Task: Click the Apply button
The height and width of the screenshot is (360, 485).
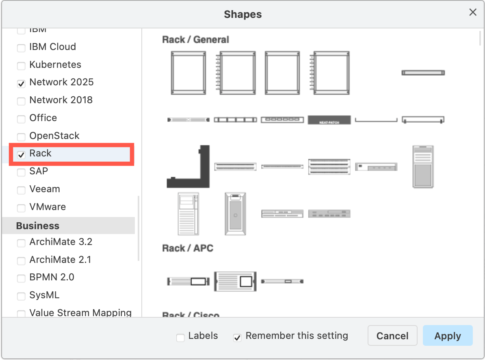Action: (448, 336)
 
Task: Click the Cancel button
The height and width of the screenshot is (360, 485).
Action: (392, 336)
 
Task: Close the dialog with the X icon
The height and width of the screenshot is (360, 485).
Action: (473, 13)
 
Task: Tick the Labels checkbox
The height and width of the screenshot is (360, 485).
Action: (180, 337)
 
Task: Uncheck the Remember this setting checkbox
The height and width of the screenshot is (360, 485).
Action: (238, 337)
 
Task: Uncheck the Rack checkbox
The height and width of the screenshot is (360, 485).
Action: (21, 154)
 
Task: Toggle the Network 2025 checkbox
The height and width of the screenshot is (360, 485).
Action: (21, 84)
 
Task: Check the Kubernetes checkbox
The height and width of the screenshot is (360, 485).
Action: (21, 66)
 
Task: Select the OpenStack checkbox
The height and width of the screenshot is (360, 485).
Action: (21, 137)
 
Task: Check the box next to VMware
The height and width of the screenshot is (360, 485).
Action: (21, 208)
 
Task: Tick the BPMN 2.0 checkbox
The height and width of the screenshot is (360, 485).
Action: (21, 279)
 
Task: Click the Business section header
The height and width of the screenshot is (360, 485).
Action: (38, 226)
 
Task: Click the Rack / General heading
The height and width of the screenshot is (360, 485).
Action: (195, 39)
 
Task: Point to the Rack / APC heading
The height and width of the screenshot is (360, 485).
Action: (188, 248)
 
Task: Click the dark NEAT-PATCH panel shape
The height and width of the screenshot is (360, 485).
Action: (329, 120)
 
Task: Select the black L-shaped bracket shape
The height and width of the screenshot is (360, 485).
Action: (188, 167)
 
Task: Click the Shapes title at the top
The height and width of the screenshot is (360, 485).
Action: (242, 15)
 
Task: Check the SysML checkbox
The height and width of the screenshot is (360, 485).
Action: (21, 297)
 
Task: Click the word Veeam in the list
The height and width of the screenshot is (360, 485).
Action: (45, 189)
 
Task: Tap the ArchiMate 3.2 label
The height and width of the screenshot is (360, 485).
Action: (61, 242)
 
